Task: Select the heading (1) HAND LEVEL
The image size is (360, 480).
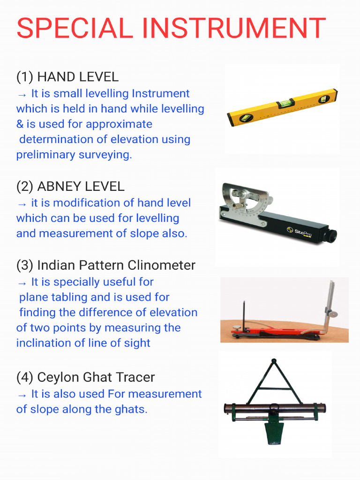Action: click(67, 77)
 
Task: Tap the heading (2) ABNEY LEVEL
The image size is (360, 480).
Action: click(70, 187)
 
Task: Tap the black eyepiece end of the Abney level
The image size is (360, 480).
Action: click(331, 236)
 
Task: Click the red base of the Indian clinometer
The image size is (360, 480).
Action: click(262, 331)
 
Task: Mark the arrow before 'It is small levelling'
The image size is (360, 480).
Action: click(22, 94)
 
